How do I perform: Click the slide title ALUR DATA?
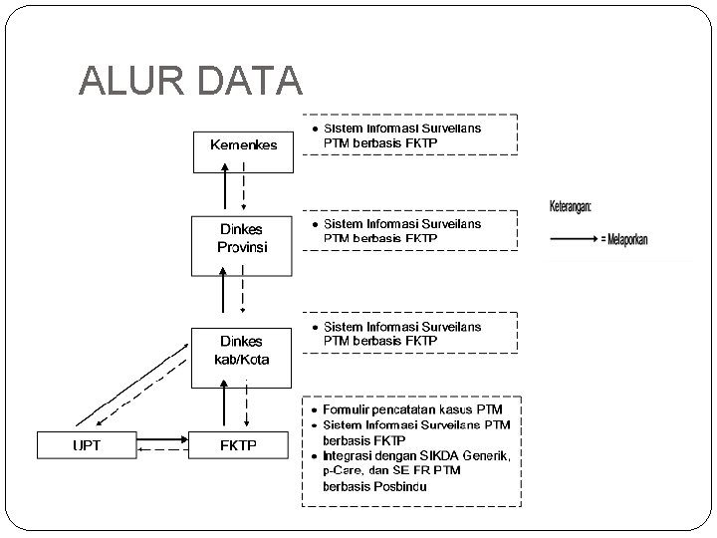(190, 81)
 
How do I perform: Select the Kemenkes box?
(243, 144)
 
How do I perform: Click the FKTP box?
(238, 445)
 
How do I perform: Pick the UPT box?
(87, 445)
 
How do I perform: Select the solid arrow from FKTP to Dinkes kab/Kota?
(225, 408)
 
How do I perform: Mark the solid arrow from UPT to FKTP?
(162, 437)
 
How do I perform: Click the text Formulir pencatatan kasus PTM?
(412, 409)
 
